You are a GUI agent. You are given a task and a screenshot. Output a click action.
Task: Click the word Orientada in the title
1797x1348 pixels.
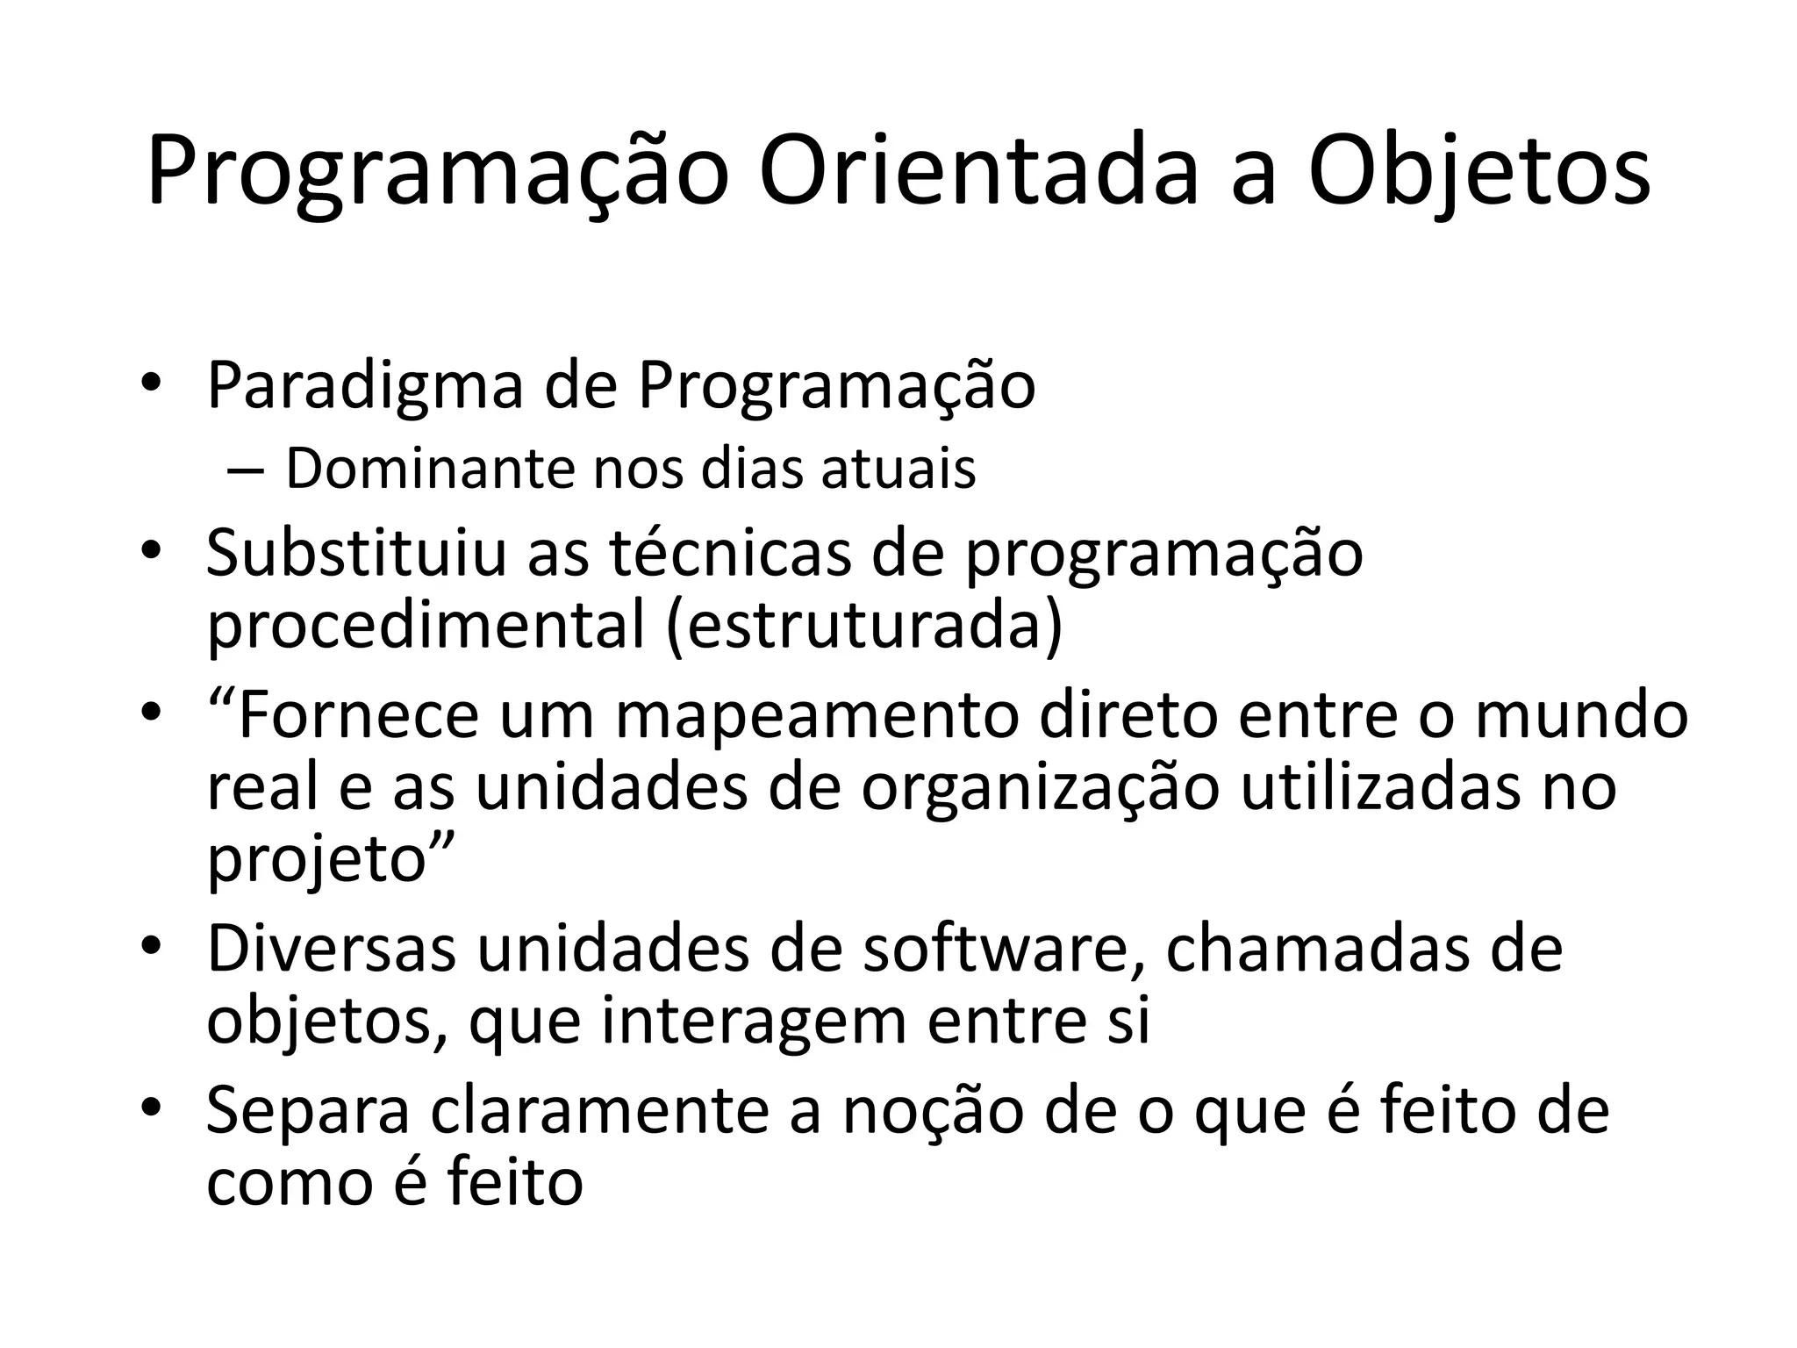pyautogui.click(x=979, y=171)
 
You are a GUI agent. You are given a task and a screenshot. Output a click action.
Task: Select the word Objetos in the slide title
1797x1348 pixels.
pyautogui.click(x=1479, y=171)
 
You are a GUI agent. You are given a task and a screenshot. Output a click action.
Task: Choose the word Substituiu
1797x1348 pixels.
pyautogui.click(x=356, y=554)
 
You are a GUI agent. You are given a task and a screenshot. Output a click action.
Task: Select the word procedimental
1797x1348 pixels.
pyautogui.click(x=426, y=627)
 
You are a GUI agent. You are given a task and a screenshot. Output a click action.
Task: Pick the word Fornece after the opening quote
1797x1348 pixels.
pyautogui.click(x=358, y=715)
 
